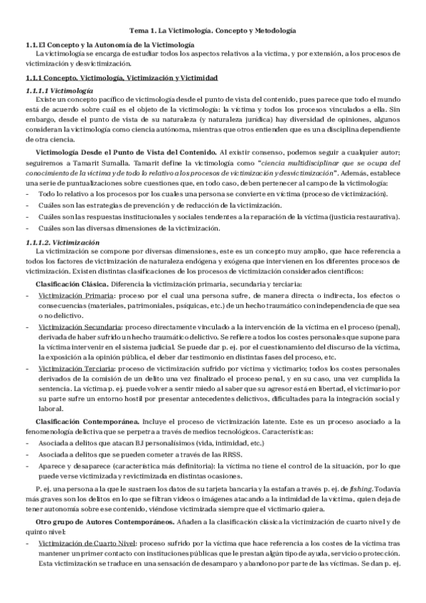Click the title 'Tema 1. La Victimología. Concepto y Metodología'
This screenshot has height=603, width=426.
[213, 31]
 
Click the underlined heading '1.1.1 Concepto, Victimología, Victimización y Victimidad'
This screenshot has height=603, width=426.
[121, 77]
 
